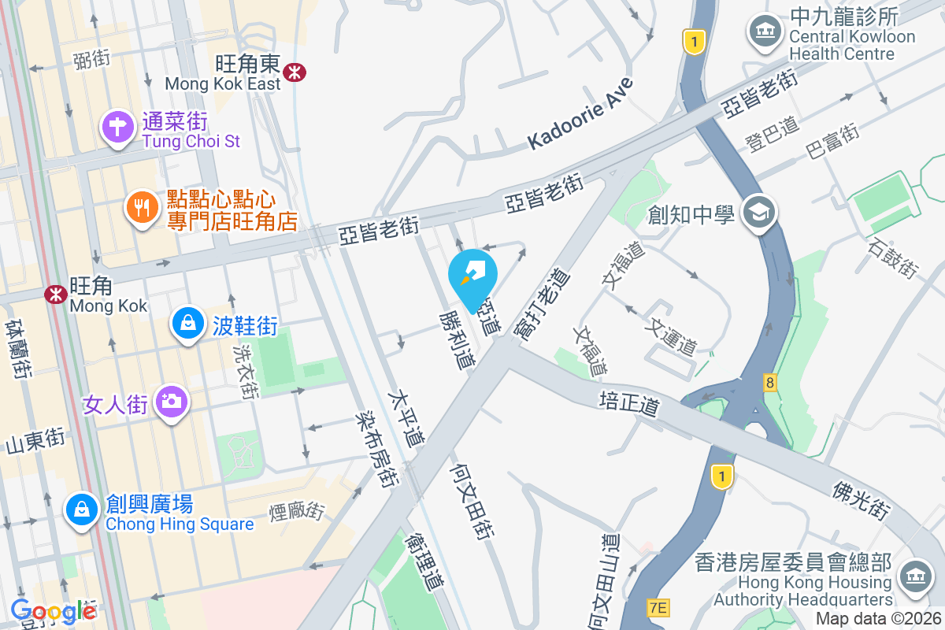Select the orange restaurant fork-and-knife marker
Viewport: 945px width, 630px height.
pyautogui.click(x=142, y=208)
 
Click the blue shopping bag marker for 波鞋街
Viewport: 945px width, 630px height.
pyautogui.click(x=188, y=324)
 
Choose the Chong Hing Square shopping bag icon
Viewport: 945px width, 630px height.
pyautogui.click(x=82, y=510)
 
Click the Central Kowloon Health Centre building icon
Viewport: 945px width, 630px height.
pyautogui.click(x=764, y=32)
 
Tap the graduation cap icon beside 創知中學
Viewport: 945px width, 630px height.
pyautogui.click(x=760, y=213)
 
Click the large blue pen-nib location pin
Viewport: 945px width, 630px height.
pyautogui.click(x=472, y=276)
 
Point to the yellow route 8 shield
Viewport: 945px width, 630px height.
pyautogui.click(x=769, y=383)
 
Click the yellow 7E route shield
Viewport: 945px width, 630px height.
pyautogui.click(x=658, y=607)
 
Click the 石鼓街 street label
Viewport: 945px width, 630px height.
pyautogui.click(x=893, y=258)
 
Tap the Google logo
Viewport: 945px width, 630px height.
pyautogui.click(x=54, y=611)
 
